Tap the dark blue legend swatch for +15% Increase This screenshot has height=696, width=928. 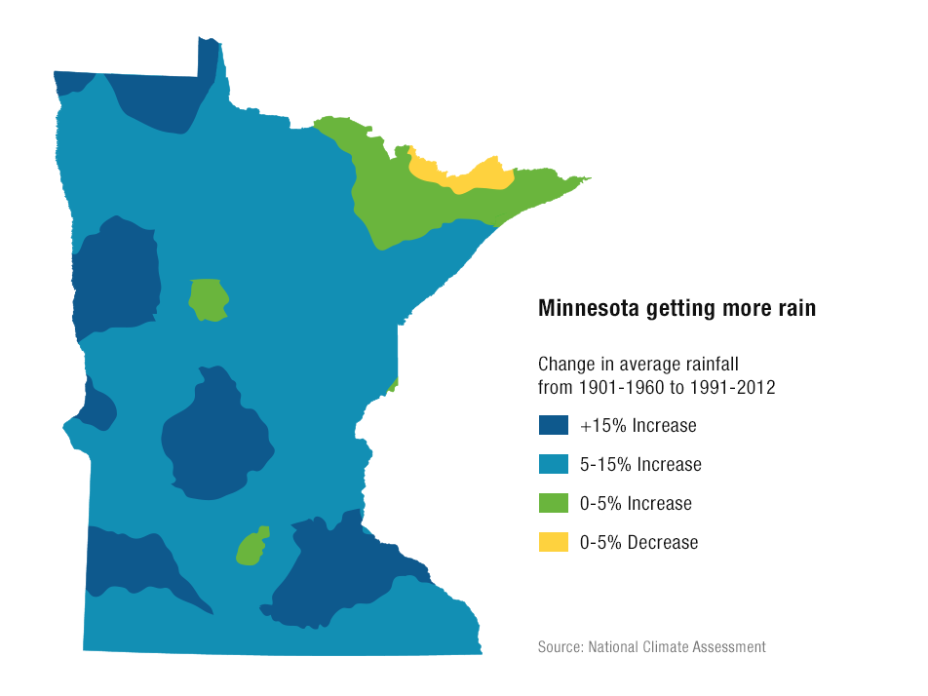click(x=553, y=425)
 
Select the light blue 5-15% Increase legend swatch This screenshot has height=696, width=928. click(x=553, y=464)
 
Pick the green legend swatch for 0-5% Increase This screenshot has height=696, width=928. click(x=553, y=503)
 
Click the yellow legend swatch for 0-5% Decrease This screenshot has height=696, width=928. click(x=553, y=542)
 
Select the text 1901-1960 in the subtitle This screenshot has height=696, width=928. click(x=616, y=387)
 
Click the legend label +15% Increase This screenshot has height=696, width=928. click(x=638, y=426)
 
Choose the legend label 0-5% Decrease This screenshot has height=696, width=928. click(x=638, y=543)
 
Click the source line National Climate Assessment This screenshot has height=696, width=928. click(x=677, y=646)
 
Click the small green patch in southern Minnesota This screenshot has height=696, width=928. click(x=251, y=548)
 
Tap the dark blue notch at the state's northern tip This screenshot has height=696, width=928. click(x=208, y=58)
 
